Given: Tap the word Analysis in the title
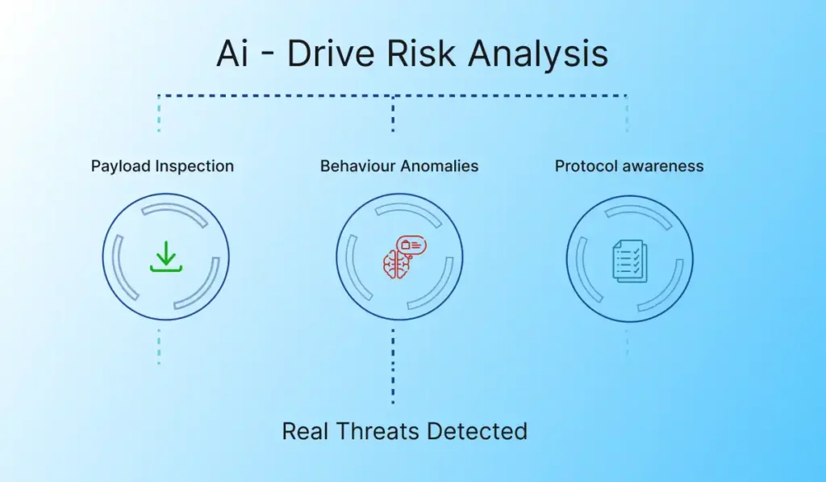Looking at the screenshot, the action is [x=538, y=55].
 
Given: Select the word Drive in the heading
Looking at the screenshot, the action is [x=330, y=52].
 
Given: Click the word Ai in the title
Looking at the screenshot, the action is [x=232, y=52].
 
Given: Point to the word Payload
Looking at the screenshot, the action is [x=121, y=166].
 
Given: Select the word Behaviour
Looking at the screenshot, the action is [x=357, y=166].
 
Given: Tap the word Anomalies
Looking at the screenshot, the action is [x=439, y=166].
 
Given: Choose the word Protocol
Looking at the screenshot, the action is [x=586, y=166].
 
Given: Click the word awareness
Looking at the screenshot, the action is [x=662, y=166].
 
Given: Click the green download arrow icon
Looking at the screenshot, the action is [x=166, y=256].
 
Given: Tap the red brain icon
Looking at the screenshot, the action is [x=396, y=265].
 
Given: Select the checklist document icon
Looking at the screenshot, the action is [x=630, y=261].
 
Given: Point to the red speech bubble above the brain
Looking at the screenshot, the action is [x=411, y=245].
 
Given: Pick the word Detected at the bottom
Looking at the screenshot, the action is [x=477, y=431].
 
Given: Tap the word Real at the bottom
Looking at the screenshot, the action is [x=306, y=431].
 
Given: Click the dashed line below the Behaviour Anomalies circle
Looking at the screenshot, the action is [x=393, y=367].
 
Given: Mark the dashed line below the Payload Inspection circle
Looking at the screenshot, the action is [x=159, y=346].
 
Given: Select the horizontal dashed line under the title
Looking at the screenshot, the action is [x=393, y=96].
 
